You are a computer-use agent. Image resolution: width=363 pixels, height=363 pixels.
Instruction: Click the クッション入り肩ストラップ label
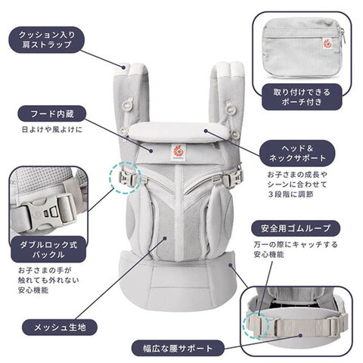pyautogui.click(x=47, y=40)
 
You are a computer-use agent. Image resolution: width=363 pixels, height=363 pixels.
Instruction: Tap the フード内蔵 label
pyautogui.click(x=52, y=113)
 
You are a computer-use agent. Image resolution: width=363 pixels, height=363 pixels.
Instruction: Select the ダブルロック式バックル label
pyautogui.click(x=48, y=250)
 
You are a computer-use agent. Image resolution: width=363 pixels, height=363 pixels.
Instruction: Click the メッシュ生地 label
pyautogui.click(x=60, y=327)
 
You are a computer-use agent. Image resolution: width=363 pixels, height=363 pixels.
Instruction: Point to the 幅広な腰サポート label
pyautogui.click(x=178, y=348)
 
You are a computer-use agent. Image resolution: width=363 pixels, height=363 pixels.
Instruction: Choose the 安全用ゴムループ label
pyautogui.click(x=296, y=228)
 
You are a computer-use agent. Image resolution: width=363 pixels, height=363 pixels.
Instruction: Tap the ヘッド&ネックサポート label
pyautogui.click(x=297, y=154)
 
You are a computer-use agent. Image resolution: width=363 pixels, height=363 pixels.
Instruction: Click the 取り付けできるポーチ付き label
pyautogui.click(x=302, y=97)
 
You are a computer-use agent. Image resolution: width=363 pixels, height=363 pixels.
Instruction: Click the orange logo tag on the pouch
pyautogui.click(x=327, y=43)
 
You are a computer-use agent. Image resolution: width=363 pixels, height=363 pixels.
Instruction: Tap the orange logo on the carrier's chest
pyautogui.click(x=178, y=152)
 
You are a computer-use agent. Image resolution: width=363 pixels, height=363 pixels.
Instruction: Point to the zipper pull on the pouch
pyautogui.click(x=342, y=33)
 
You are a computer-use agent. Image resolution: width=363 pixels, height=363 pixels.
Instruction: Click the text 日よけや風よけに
pyautogui.click(x=52, y=129)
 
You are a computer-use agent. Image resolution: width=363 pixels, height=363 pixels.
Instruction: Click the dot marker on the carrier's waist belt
pyautogui.click(x=231, y=265)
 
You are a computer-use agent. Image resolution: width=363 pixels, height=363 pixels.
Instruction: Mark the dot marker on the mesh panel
pyautogui.click(x=165, y=238)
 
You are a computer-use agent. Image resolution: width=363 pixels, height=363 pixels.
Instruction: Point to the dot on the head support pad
pyautogui.click(x=206, y=131)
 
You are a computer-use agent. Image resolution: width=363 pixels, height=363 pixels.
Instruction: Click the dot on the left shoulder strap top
pyautogui.click(x=124, y=67)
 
